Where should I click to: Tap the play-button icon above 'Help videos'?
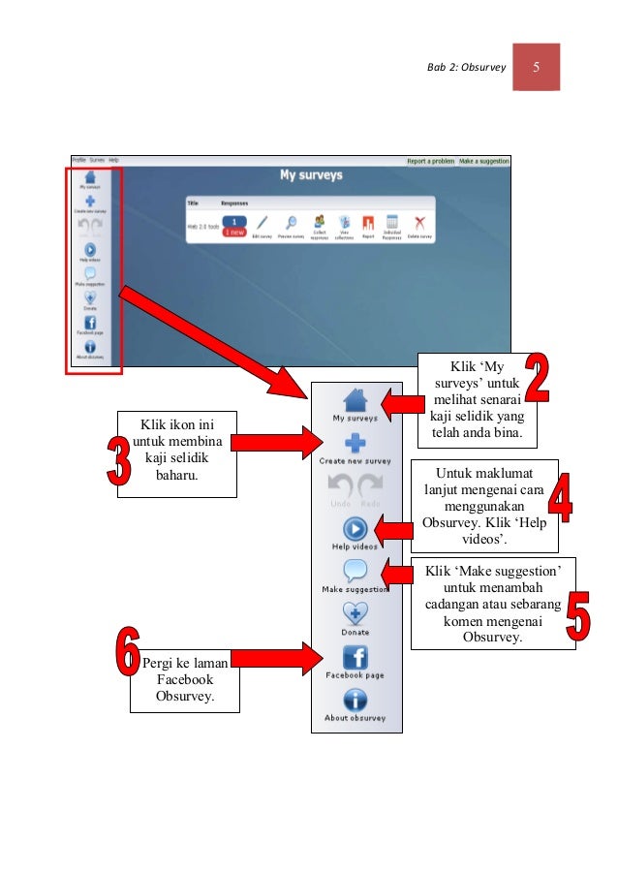[355, 529]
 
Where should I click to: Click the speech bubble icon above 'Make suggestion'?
[355, 572]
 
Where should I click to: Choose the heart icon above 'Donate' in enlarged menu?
[355, 613]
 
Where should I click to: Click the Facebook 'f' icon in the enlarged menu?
[355, 657]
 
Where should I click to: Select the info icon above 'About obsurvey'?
[355, 700]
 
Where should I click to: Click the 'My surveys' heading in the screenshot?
[310, 176]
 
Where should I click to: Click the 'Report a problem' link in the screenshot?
[430, 161]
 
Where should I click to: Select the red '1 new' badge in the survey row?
[234, 233]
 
